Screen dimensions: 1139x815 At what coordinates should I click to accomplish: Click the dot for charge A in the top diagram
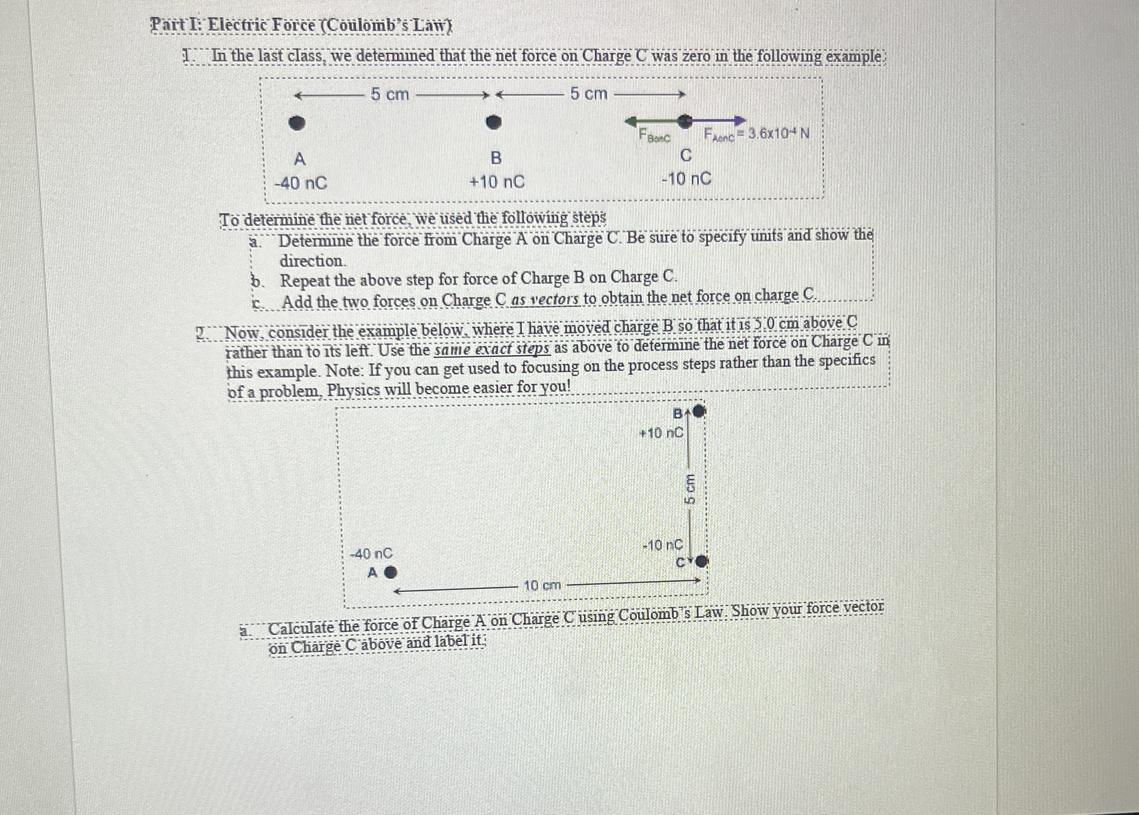point(298,123)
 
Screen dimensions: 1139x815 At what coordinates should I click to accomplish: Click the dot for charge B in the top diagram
point(495,122)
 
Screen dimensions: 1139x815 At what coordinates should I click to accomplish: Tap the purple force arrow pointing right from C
point(718,121)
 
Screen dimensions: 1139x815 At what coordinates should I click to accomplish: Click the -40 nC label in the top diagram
point(301,183)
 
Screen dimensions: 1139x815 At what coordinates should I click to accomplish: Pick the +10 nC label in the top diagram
point(496,182)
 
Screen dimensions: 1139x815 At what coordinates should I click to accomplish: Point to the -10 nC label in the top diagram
point(687,179)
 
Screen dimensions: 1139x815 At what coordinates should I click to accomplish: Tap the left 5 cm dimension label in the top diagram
point(390,94)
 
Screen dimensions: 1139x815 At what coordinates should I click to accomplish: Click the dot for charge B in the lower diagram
point(699,412)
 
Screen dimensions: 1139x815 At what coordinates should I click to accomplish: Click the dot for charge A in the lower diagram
point(390,572)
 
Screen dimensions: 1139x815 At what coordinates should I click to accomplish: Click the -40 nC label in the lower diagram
point(372,554)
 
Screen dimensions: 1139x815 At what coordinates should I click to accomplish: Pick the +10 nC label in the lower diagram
point(661,433)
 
